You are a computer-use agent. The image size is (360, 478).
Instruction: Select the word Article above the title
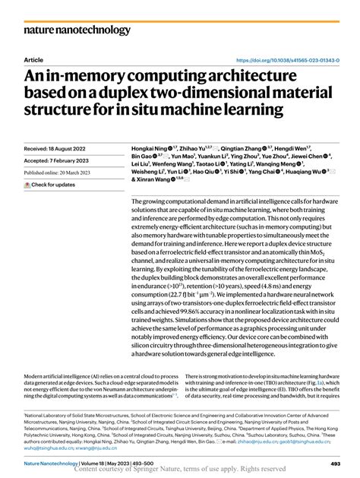pos(33,59)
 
